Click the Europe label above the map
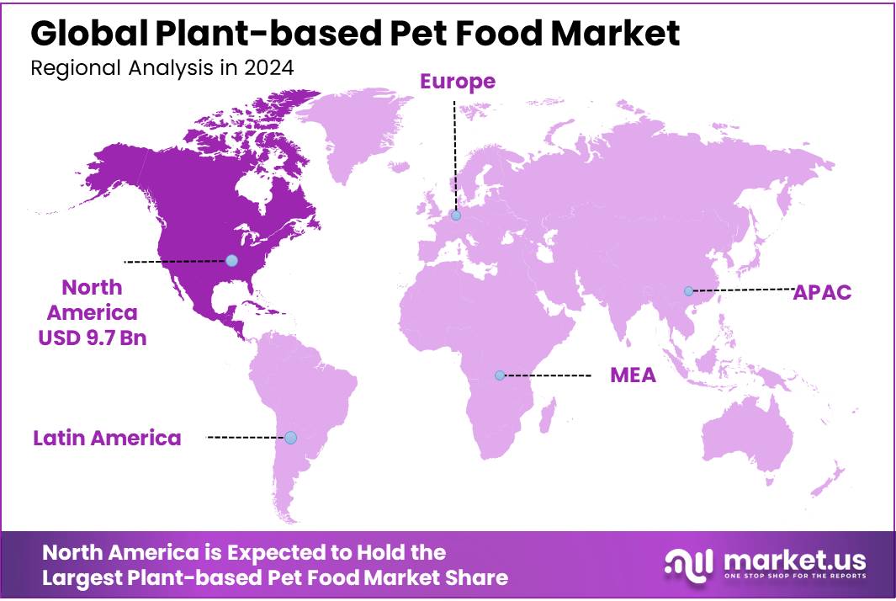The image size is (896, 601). (458, 81)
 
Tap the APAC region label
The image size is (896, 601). (822, 292)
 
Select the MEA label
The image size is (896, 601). (633, 375)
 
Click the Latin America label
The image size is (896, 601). (107, 438)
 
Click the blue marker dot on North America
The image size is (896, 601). (232, 261)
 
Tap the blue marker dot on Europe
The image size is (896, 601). (456, 215)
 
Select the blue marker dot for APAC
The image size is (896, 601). (688, 291)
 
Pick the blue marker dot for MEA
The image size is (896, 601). (500, 375)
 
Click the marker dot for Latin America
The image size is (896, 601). (290, 438)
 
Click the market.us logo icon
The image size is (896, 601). (689, 563)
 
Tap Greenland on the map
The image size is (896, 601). (358, 126)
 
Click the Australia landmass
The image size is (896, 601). (749, 438)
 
